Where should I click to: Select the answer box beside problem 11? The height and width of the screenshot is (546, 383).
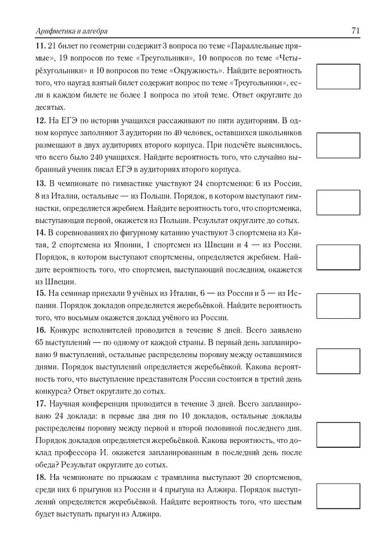click(x=338, y=76)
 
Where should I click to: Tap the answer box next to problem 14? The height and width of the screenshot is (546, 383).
click(x=338, y=257)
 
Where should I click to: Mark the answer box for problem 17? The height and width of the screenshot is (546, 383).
click(x=338, y=435)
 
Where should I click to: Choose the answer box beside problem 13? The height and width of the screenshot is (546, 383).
click(x=338, y=203)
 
